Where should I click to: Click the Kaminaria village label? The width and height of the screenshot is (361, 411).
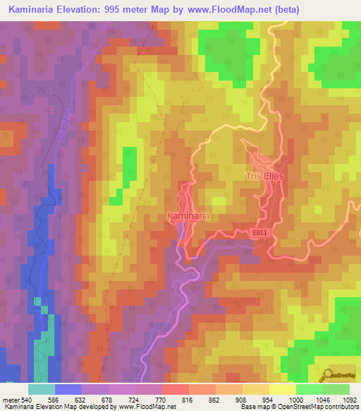click(x=188, y=215)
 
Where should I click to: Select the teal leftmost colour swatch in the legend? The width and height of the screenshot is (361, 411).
click(x=42, y=389)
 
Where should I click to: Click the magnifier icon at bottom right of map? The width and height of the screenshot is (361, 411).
click(x=327, y=376)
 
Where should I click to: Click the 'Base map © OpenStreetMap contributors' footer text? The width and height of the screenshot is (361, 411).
click(x=300, y=407)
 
